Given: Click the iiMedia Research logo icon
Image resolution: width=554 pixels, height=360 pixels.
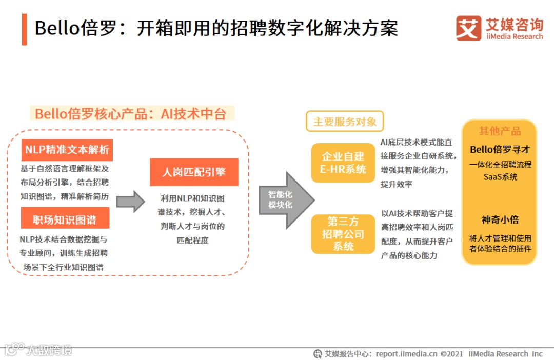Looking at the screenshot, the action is coord(468,28).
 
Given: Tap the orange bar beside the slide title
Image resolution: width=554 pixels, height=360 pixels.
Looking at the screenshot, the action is coord(24,29).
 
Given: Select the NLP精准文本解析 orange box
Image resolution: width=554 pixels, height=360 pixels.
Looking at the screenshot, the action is coord(67,150).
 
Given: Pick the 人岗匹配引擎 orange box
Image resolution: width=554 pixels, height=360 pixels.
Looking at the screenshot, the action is coord(194,172).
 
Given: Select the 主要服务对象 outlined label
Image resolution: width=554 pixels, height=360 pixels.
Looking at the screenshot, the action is coord(345,122).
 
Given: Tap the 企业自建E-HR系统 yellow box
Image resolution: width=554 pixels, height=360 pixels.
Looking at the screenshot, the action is coord(343,163).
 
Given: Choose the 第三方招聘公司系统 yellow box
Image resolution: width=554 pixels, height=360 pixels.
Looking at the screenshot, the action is coord(343,234).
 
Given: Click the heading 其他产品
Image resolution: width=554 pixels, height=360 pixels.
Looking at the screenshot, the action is coord(499,131).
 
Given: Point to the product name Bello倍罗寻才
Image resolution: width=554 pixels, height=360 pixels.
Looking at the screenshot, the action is coord(499,150).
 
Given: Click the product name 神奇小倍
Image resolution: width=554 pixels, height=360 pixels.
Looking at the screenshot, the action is coord(500,219).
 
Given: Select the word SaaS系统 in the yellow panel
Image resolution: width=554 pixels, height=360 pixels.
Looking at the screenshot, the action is coord(500,177).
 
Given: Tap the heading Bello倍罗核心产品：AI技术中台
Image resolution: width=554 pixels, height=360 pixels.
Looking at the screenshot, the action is coord(130,113).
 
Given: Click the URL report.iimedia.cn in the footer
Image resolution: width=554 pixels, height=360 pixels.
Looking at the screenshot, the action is coord(406,353).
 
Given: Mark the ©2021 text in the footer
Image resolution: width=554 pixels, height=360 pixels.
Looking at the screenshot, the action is coord(452,353).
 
